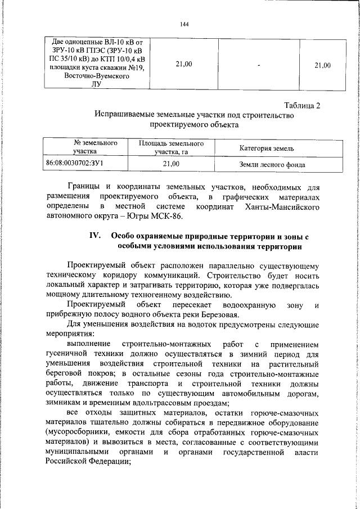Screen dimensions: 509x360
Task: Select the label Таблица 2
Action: (302, 105)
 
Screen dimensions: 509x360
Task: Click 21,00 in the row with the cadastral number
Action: (170, 164)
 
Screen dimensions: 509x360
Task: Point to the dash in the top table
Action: (258, 65)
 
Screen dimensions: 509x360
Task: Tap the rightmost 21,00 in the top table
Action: (322, 65)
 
